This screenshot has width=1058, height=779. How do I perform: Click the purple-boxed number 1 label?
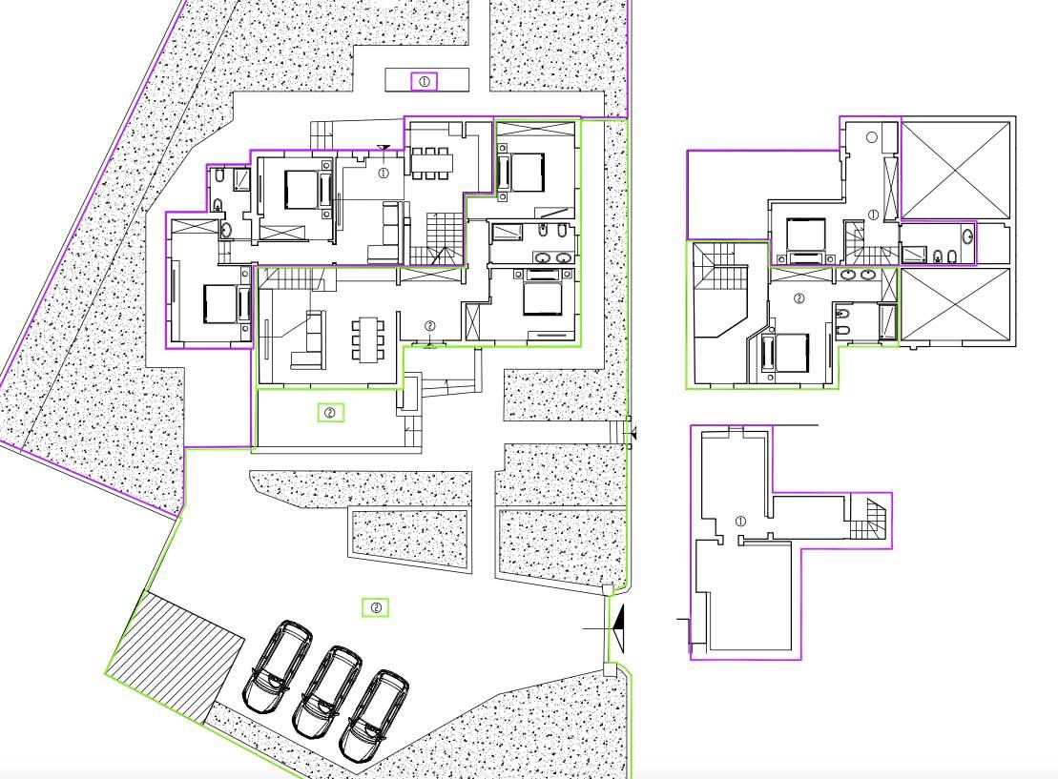424,82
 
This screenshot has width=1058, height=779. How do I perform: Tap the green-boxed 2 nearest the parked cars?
376,607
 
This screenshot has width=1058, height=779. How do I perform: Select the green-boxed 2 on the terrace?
331,412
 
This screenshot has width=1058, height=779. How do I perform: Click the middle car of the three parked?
325,692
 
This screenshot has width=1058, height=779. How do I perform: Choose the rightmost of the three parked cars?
374,715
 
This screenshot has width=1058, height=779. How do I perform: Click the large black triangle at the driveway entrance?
618,628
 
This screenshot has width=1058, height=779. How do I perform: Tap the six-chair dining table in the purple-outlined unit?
430,162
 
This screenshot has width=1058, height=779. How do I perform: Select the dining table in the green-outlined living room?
367,338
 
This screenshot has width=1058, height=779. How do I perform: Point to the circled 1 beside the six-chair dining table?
384,174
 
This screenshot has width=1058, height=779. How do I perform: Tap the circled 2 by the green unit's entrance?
430,326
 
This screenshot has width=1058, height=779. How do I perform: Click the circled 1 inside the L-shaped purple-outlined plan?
740,522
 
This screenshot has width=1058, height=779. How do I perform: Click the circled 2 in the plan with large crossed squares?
799,298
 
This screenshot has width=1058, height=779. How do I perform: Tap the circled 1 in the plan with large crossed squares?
873,215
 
